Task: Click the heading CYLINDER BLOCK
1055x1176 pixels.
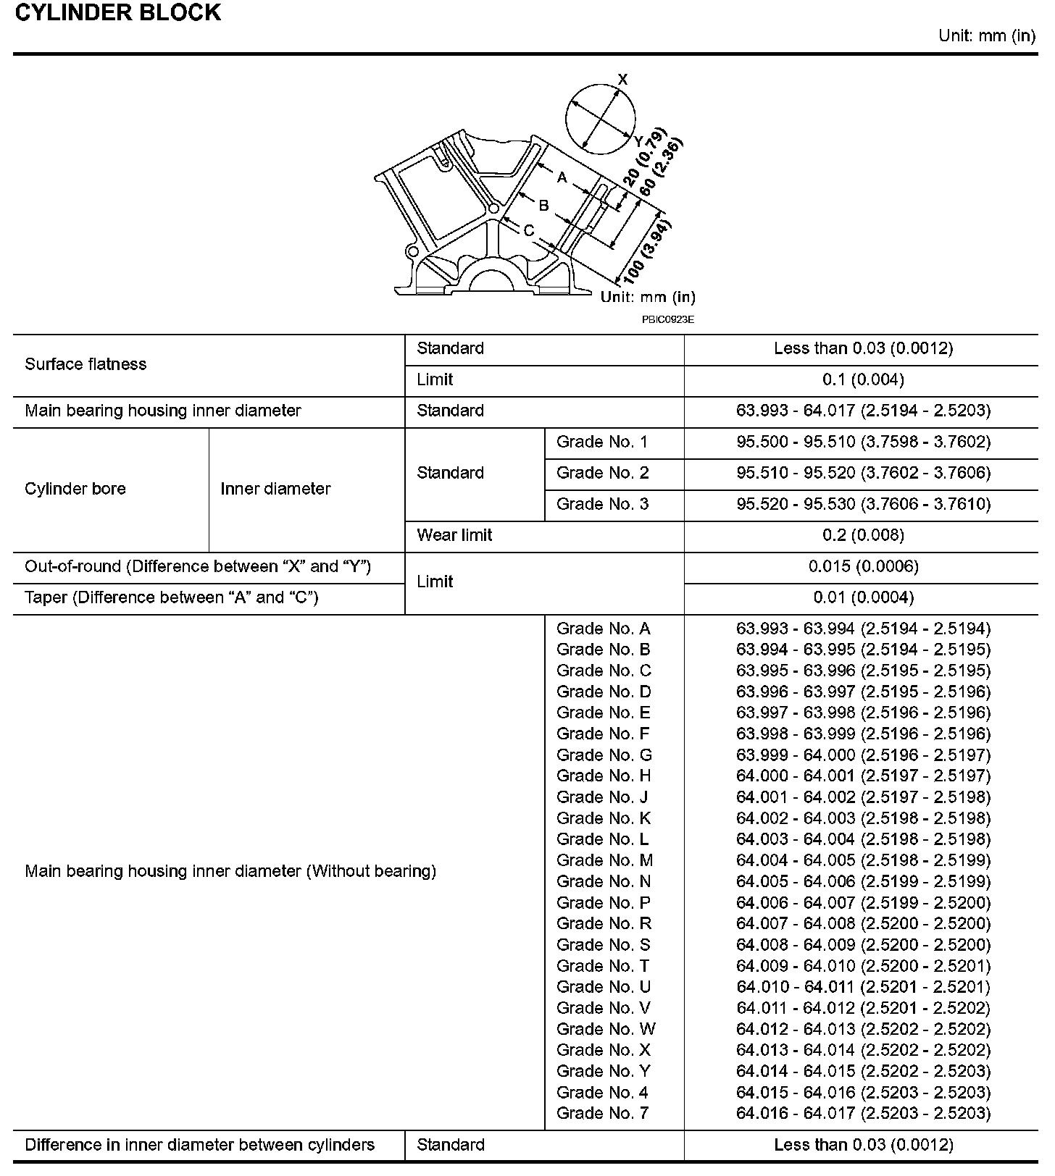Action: click(x=117, y=13)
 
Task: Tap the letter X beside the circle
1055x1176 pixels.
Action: click(x=622, y=80)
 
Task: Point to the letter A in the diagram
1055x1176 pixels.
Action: click(x=562, y=177)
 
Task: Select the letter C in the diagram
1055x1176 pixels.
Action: click(x=529, y=231)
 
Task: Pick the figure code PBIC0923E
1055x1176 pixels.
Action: click(x=667, y=319)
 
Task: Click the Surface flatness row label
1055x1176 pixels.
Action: click(x=86, y=364)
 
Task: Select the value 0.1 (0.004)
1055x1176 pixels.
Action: click(x=863, y=379)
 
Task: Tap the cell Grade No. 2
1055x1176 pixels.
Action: click(x=602, y=473)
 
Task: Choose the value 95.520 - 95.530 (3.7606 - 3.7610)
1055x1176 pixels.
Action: click(x=863, y=504)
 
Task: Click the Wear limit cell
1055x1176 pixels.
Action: click(x=454, y=535)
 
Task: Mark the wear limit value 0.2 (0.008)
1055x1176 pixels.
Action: click(x=863, y=535)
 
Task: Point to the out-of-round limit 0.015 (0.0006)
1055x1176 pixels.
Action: click(x=863, y=566)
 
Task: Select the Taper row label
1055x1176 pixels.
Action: click(x=172, y=597)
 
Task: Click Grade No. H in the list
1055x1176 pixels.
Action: click(x=604, y=776)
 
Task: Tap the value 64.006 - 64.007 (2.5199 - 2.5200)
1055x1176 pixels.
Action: click(x=863, y=902)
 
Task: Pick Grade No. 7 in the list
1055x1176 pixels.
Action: click(x=602, y=1113)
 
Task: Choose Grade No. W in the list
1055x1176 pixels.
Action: click(x=606, y=1029)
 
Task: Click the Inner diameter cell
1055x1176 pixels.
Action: click(x=275, y=489)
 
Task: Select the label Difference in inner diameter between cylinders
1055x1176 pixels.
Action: click(x=199, y=1145)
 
